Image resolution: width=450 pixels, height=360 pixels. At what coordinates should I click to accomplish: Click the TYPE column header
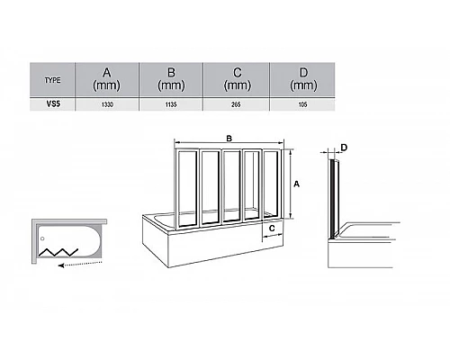(x=52, y=80)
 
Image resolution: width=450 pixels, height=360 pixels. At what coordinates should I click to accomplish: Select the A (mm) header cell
(x=106, y=79)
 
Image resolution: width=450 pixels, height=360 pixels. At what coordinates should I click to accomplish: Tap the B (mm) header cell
(x=171, y=79)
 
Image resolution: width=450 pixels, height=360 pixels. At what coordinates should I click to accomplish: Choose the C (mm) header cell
(x=237, y=79)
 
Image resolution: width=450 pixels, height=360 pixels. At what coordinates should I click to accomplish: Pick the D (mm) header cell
(x=303, y=79)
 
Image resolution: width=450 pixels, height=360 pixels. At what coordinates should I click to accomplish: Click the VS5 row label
(x=53, y=103)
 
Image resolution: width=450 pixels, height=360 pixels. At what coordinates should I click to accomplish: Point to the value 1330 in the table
(x=107, y=104)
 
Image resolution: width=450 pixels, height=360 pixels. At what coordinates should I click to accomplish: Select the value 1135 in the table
(x=171, y=104)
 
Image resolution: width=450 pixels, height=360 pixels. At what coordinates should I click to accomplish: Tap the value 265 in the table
(x=236, y=104)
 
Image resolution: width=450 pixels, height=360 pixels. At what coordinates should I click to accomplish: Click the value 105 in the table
(x=302, y=104)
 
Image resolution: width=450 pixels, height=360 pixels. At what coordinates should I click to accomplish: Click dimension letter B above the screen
(x=229, y=139)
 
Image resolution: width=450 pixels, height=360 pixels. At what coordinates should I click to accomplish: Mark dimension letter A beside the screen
(x=296, y=184)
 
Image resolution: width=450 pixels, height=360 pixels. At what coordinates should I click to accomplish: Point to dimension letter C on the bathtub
(x=272, y=229)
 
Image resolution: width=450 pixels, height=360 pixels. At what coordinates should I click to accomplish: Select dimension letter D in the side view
(x=344, y=148)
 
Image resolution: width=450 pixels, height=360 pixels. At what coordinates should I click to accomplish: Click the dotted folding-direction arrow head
(x=61, y=265)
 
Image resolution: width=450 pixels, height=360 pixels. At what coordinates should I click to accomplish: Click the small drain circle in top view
(x=42, y=238)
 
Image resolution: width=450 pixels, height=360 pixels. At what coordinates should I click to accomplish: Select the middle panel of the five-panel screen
(x=231, y=186)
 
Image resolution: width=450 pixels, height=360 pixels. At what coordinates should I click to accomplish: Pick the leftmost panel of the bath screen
(x=187, y=189)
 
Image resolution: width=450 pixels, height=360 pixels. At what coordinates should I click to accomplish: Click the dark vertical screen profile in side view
(x=332, y=199)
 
